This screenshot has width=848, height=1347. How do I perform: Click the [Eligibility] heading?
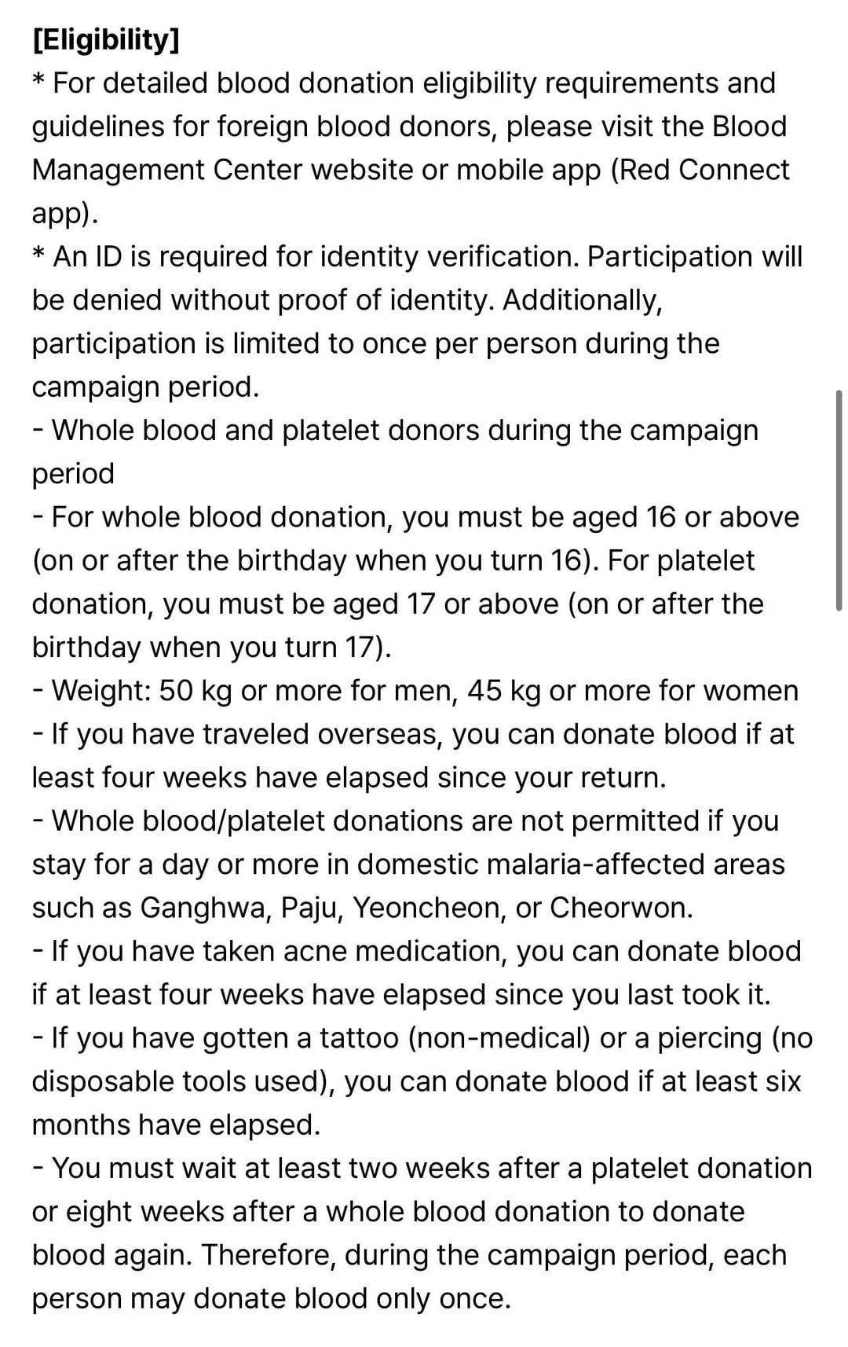[x=106, y=40]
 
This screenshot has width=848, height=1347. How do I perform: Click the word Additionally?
[x=582, y=300]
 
